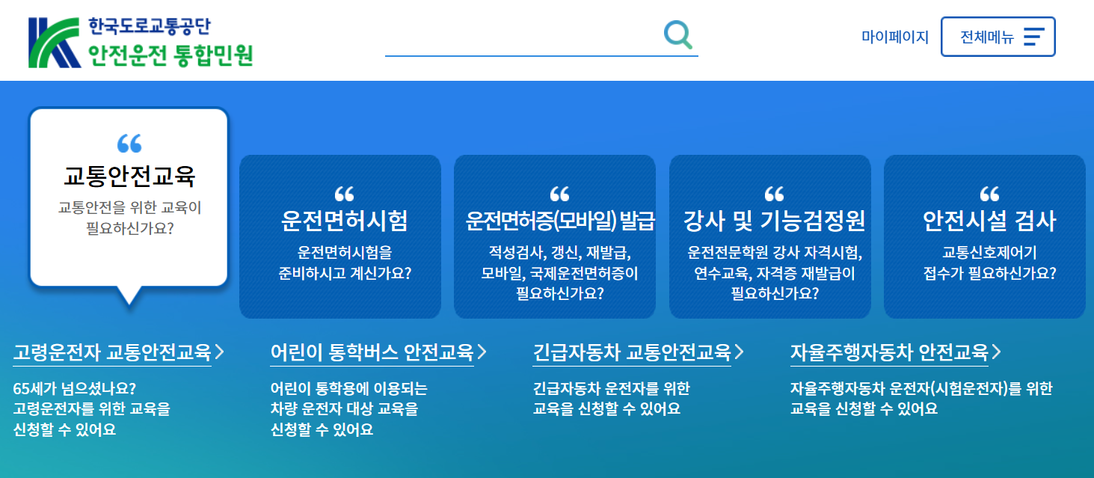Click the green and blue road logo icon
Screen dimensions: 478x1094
coord(55,43)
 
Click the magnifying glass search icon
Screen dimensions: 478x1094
coord(677,34)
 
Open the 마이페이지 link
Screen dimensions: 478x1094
coord(894,37)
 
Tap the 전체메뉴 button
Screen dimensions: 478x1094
coord(998,37)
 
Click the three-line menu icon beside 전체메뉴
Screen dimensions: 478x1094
coord(1033,37)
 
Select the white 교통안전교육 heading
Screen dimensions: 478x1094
coord(129,177)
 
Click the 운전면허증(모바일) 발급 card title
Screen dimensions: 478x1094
coord(559,221)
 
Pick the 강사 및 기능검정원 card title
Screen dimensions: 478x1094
coord(774,221)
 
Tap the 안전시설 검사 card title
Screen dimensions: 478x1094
coord(989,221)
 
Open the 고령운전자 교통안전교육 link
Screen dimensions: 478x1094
coord(112,352)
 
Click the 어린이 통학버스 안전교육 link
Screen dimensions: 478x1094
coord(372,352)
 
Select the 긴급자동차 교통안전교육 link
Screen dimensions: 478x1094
coord(632,352)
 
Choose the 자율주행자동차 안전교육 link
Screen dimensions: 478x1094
coord(889,352)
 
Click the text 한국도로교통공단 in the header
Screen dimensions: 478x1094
coord(149,26)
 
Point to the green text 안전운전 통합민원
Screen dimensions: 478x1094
coord(170,55)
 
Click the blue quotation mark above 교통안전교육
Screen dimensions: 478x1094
coord(129,143)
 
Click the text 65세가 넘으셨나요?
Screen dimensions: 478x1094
coord(75,389)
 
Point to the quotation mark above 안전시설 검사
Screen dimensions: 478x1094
coord(989,194)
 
